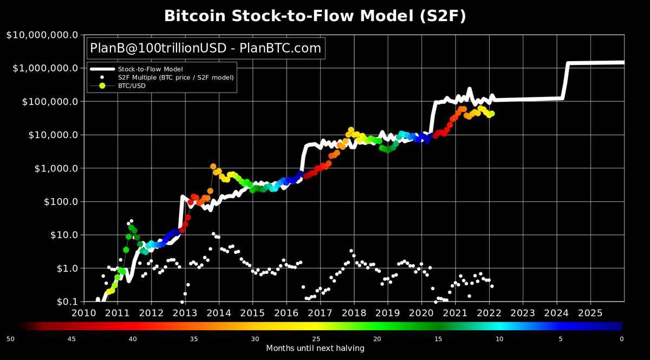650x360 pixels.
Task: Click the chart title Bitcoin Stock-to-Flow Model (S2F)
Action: pos(315,16)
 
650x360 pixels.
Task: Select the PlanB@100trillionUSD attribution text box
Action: pos(206,48)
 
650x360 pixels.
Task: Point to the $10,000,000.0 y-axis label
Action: pos(42,35)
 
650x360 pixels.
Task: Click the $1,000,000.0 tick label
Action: pos(44,69)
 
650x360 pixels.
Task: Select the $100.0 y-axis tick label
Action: pos(59,202)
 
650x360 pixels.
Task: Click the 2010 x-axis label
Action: pos(83,313)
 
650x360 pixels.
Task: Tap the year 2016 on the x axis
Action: pos(286,313)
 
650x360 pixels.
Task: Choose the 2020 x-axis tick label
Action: pos(421,313)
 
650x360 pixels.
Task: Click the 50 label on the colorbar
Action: pos(10,339)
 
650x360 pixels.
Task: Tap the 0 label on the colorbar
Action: pos(622,339)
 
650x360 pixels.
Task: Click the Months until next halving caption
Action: pos(315,348)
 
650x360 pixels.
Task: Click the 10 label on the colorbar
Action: pos(499,339)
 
